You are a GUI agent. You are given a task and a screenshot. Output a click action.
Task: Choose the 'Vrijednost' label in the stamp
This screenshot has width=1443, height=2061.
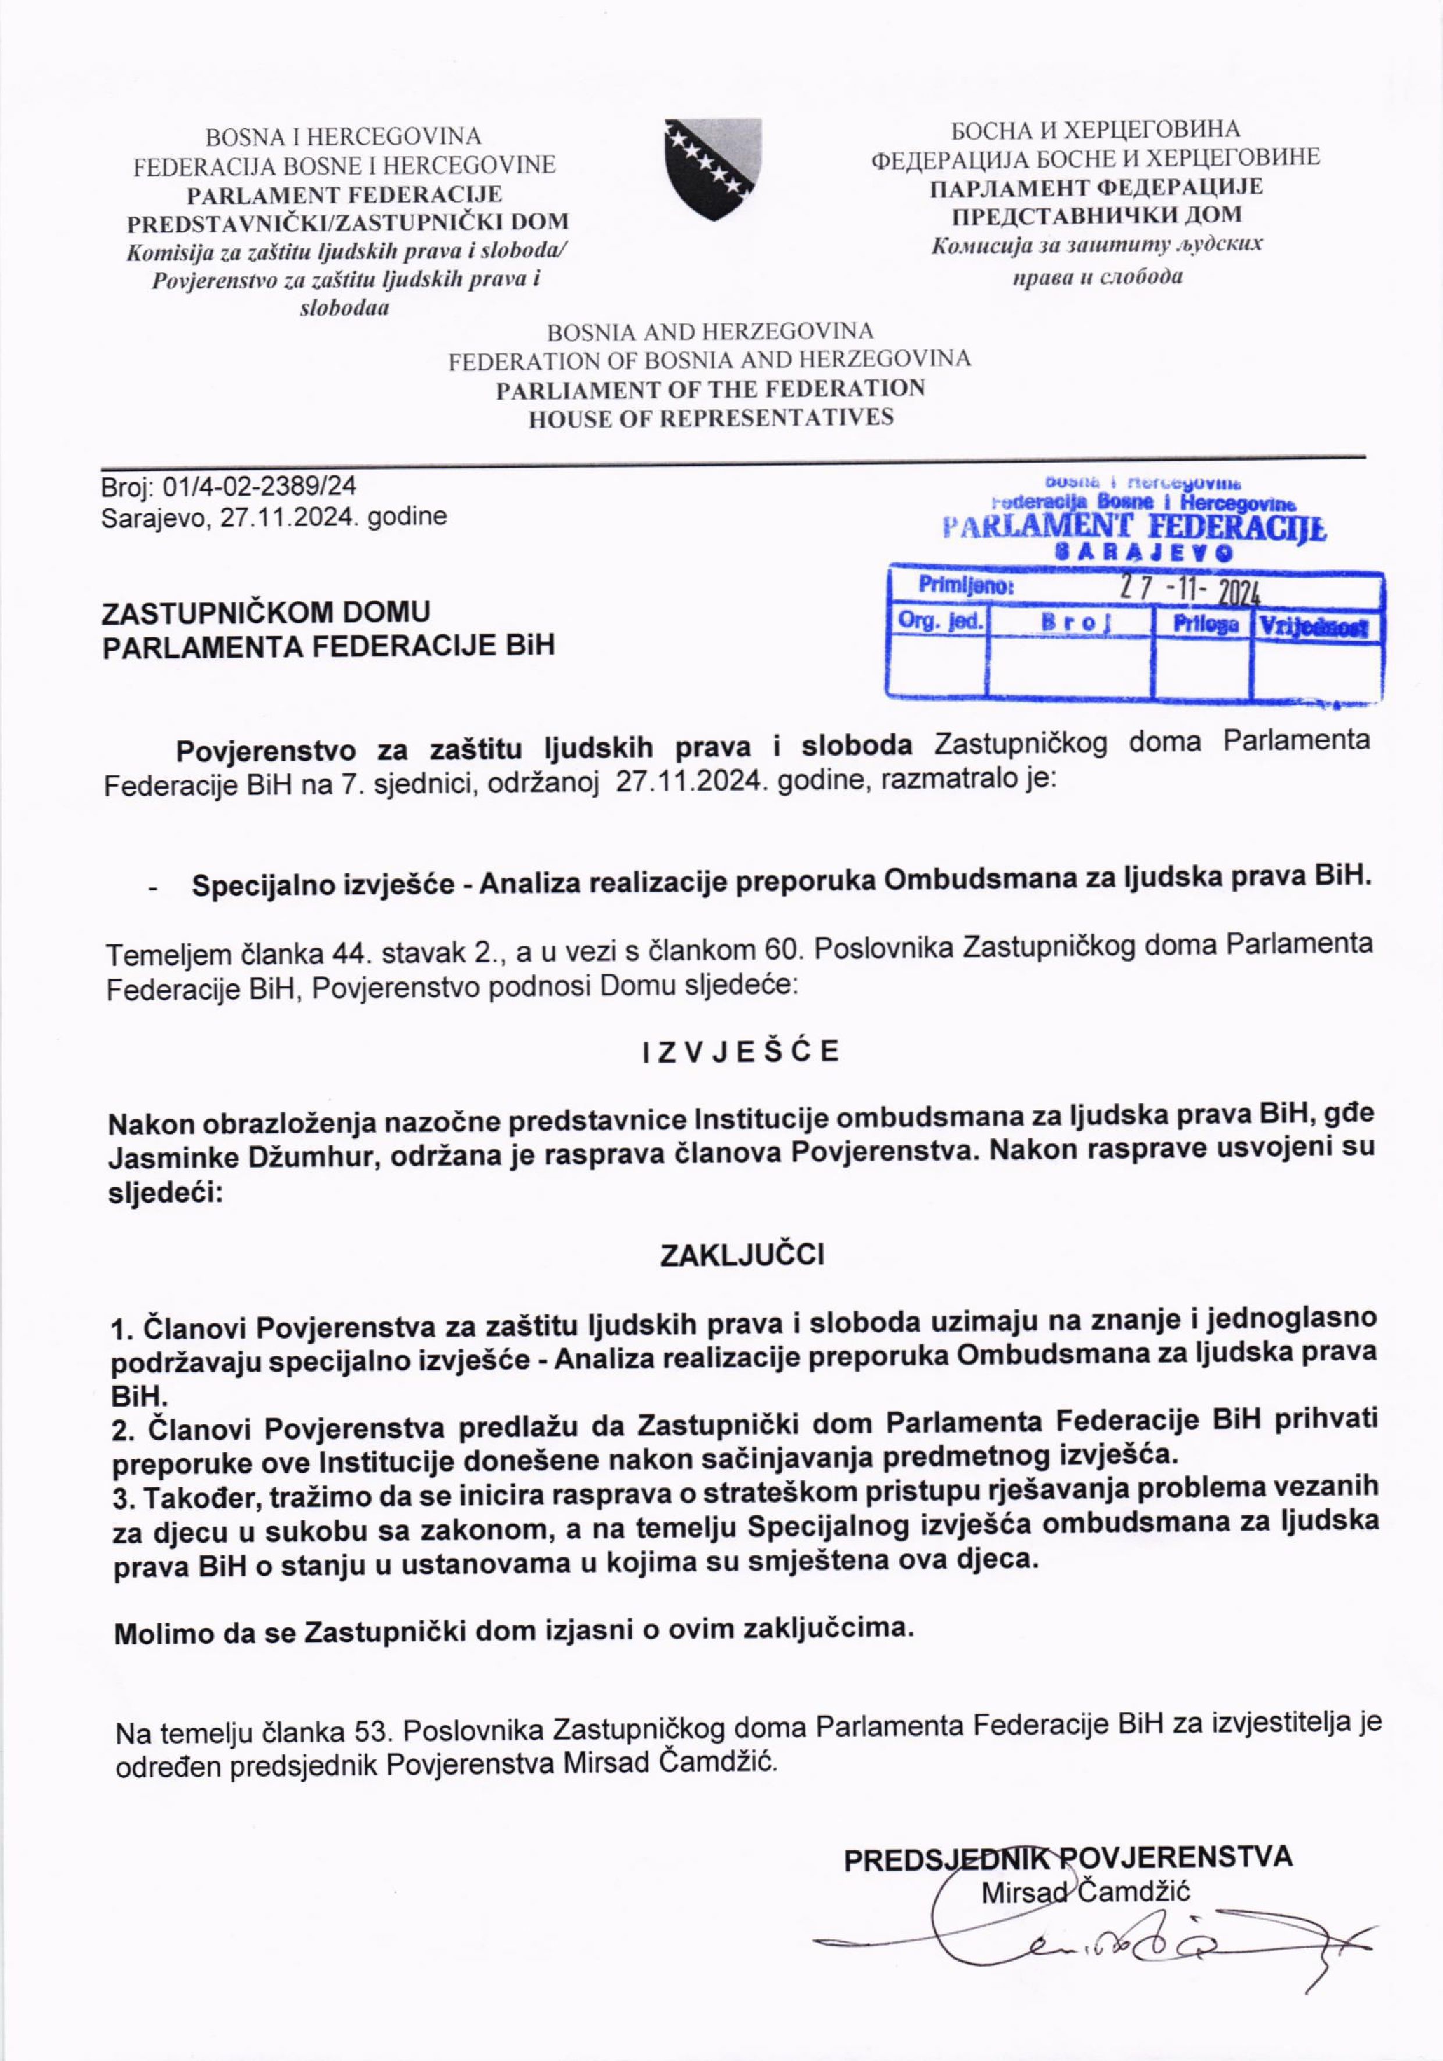pyautogui.click(x=1316, y=627)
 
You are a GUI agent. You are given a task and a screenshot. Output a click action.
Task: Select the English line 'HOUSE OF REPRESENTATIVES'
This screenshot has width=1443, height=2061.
pyautogui.click(x=711, y=418)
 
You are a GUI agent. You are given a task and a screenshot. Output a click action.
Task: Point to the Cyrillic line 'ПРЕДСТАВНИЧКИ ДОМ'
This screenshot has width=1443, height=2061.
pyautogui.click(x=1096, y=215)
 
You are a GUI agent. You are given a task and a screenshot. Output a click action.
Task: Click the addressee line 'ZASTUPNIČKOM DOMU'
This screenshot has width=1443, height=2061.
pyautogui.click(x=266, y=612)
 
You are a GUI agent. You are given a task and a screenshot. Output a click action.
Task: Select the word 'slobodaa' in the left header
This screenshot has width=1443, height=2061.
pyautogui.click(x=344, y=309)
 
